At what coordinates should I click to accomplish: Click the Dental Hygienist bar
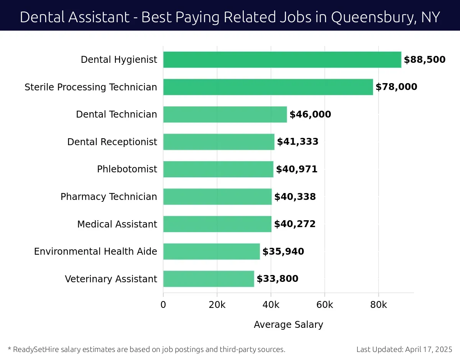pyautogui.click(x=282, y=60)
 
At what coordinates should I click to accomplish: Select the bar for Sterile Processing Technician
pyautogui.click(x=268, y=87)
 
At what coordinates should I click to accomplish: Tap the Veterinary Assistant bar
pyautogui.click(x=209, y=279)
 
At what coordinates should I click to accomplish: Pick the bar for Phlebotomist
pyautogui.click(x=218, y=169)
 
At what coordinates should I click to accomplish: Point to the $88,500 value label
pyautogui.click(x=424, y=60)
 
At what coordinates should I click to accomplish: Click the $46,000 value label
pyautogui.click(x=310, y=115)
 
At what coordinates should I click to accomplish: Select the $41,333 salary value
pyautogui.click(x=297, y=142)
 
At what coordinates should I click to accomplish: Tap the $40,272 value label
pyautogui.click(x=294, y=224)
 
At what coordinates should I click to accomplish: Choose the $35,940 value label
pyautogui.click(x=283, y=252)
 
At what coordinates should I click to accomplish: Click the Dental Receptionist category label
pyautogui.click(x=112, y=142)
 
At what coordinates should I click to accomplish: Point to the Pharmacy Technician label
pyautogui.click(x=108, y=197)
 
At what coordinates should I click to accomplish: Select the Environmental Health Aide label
pyautogui.click(x=95, y=252)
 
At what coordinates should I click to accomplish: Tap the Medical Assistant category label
pyautogui.click(x=117, y=224)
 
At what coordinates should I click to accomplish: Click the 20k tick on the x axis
pyautogui.click(x=217, y=305)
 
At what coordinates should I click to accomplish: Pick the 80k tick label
pyautogui.click(x=378, y=305)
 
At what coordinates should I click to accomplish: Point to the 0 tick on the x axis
pyautogui.click(x=163, y=305)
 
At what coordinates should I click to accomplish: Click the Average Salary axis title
pyautogui.click(x=288, y=325)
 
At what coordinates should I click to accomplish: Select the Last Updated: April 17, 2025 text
pyautogui.click(x=404, y=349)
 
